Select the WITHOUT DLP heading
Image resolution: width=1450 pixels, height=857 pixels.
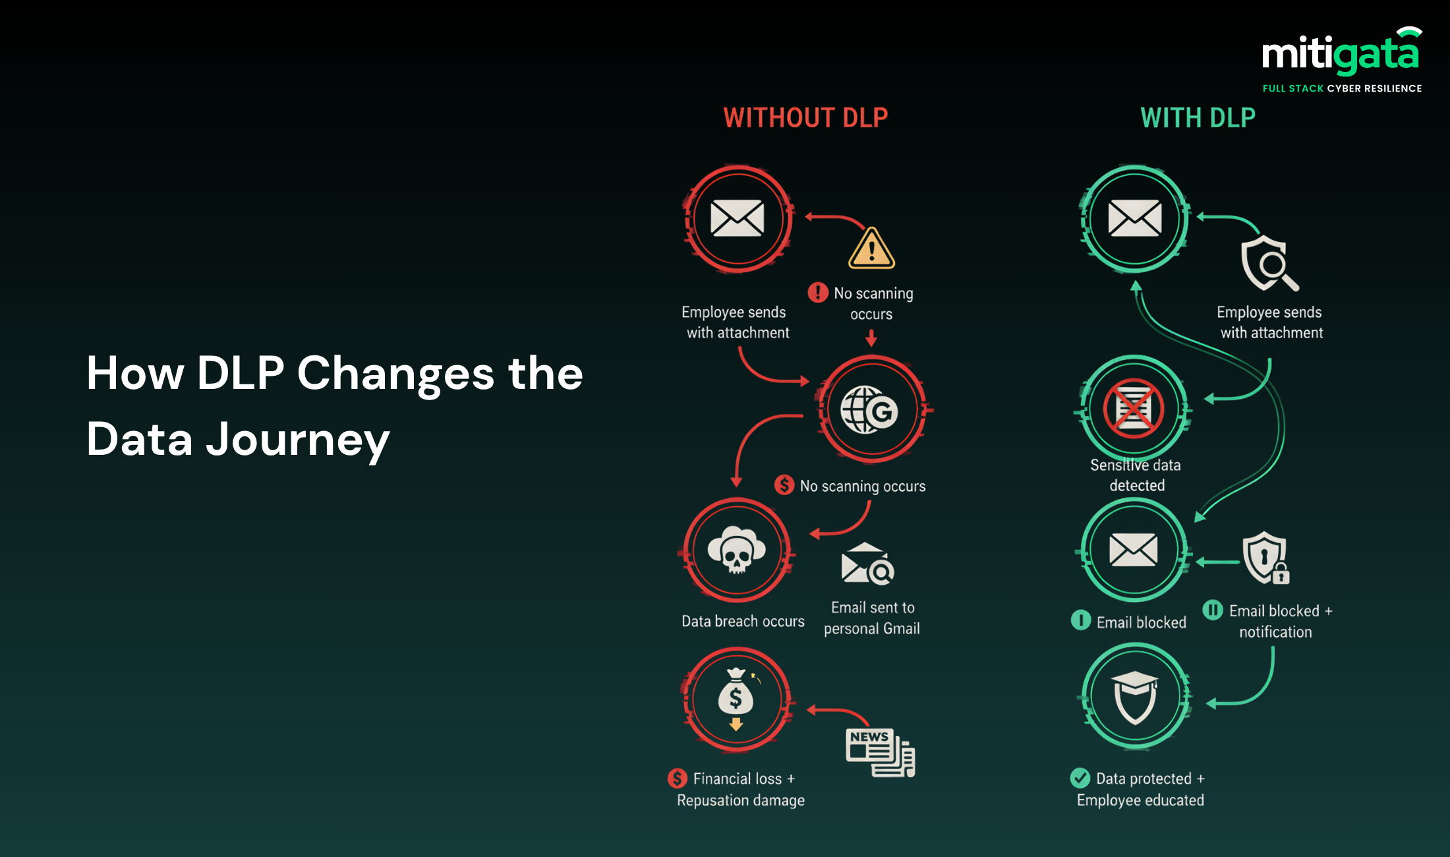805,118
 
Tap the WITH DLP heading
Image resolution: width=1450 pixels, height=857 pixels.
1198,118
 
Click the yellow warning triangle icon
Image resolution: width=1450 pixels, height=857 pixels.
871,249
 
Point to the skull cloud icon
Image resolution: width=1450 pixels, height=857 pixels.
737,548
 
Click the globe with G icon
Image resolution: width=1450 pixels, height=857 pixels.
869,409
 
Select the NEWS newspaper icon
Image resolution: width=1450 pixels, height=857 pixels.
881,752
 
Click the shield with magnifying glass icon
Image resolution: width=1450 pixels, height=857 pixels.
1269,263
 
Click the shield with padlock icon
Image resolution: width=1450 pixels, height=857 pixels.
1266,558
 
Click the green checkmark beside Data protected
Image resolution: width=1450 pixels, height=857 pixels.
1080,779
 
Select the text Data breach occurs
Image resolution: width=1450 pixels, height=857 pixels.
743,621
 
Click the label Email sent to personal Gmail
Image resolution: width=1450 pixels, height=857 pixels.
872,618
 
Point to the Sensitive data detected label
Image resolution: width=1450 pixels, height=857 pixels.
1136,475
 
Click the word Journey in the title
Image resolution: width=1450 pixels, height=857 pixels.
298,440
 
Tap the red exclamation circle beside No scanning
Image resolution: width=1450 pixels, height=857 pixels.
818,292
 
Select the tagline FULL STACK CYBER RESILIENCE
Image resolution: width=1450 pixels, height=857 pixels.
1342,88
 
